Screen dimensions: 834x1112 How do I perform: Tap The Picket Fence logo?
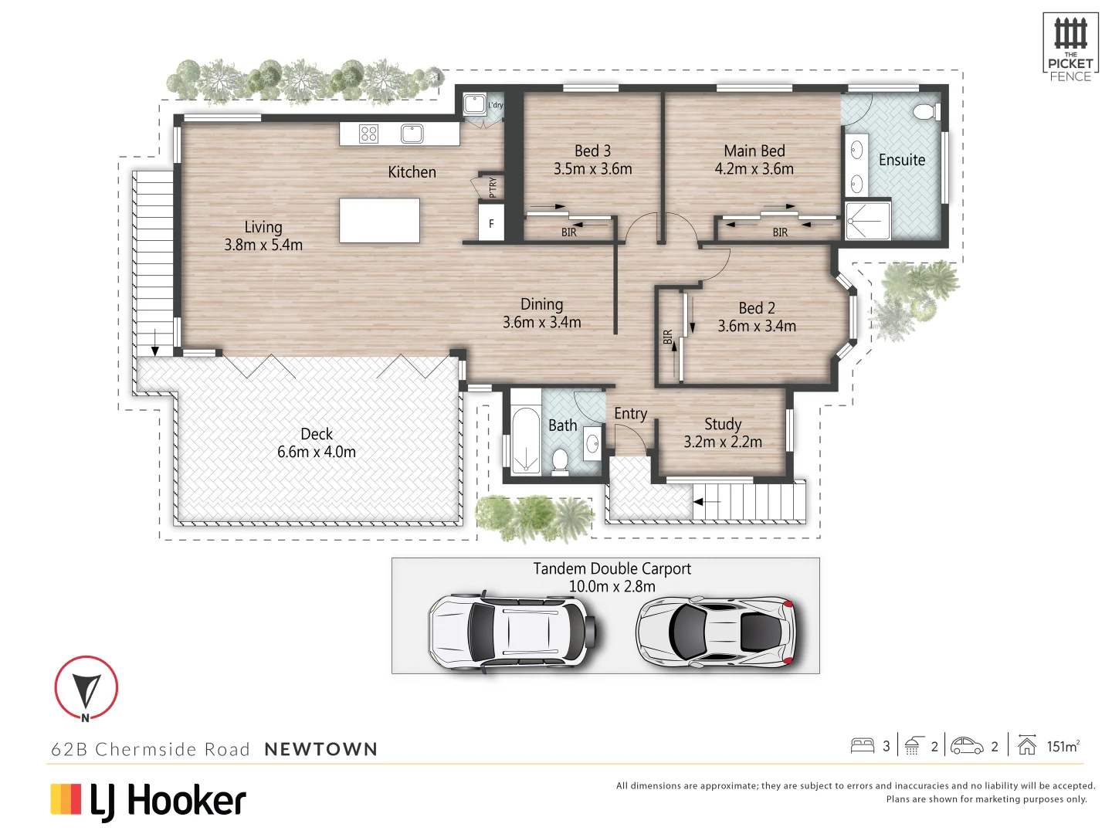click(x=1070, y=47)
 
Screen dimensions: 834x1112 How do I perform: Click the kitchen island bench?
click(x=379, y=221)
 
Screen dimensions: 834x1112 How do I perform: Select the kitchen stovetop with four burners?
click(x=368, y=134)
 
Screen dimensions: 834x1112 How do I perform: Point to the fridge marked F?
click(x=491, y=224)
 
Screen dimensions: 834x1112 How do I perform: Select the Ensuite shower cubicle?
click(x=867, y=221)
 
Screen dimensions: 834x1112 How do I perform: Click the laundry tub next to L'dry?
click(x=474, y=104)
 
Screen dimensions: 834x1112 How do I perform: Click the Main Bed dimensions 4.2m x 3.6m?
click(x=754, y=169)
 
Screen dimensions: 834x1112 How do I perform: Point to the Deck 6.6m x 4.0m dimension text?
click(x=317, y=453)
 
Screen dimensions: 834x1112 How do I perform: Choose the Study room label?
click(x=723, y=424)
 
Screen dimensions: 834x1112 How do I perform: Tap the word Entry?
click(x=630, y=414)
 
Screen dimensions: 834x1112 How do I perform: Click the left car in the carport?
click(x=511, y=631)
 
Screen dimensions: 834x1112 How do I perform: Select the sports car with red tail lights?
click(x=715, y=631)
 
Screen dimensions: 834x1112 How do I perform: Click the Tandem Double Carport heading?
click(x=612, y=568)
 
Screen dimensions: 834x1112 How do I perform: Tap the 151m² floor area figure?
click(x=1063, y=746)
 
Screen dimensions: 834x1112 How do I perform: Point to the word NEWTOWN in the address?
click(x=320, y=749)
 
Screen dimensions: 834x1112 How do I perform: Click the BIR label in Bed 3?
click(x=569, y=232)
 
